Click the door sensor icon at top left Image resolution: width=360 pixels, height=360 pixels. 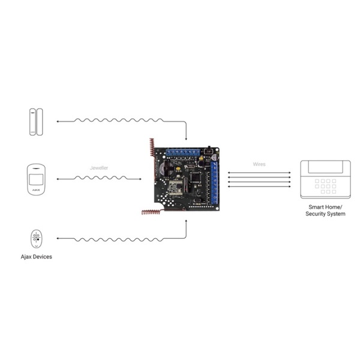[x=35, y=121]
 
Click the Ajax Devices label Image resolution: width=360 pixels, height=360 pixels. [x=36, y=257]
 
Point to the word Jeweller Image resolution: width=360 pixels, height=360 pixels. [x=99, y=168]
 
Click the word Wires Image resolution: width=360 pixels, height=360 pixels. [x=259, y=164]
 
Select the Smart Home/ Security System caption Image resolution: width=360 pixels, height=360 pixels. [x=325, y=210]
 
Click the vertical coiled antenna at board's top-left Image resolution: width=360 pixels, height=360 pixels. [x=152, y=147]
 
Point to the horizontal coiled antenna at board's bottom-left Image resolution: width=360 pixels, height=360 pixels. [x=151, y=212]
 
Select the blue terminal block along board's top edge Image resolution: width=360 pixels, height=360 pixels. [x=182, y=152]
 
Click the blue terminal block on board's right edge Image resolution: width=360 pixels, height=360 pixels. [x=214, y=181]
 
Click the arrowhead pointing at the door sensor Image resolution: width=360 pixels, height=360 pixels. [x=57, y=121]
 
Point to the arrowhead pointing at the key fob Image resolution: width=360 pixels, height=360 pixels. [x=57, y=239]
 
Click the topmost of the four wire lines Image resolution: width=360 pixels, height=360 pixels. [x=259, y=172]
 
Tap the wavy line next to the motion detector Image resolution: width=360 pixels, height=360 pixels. [x=99, y=178]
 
